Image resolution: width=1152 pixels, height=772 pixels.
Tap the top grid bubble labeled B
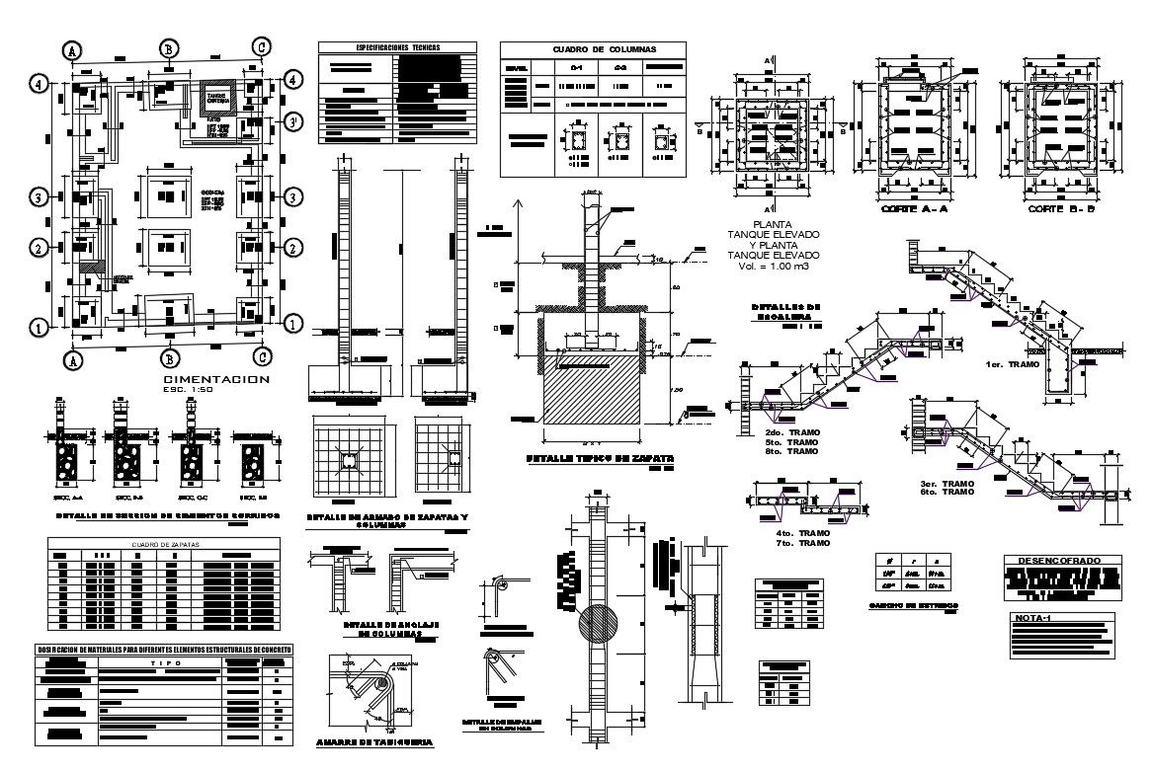click(170, 49)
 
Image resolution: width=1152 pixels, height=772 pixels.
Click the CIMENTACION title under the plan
click(215, 379)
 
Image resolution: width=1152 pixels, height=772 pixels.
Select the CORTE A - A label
click(910, 210)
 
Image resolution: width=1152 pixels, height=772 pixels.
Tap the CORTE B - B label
click(1056, 210)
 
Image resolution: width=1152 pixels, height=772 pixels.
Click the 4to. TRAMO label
click(802, 533)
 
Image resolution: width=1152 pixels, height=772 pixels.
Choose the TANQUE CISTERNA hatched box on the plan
click(218, 98)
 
